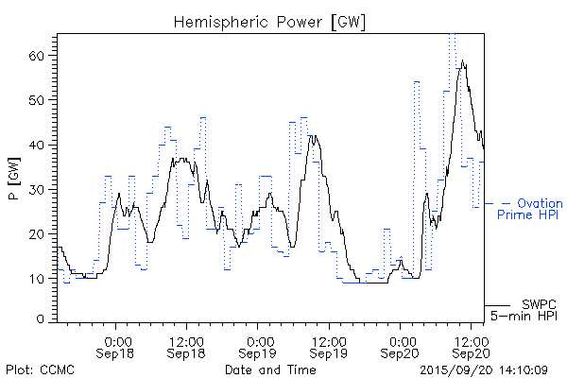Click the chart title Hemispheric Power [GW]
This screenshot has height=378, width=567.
pos(270,20)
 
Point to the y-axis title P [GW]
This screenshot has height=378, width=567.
pos(14,176)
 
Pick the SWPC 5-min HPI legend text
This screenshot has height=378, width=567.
pos(529,310)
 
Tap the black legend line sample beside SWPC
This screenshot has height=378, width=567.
pos(497,305)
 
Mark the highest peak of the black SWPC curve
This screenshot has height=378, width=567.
pos(462,62)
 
